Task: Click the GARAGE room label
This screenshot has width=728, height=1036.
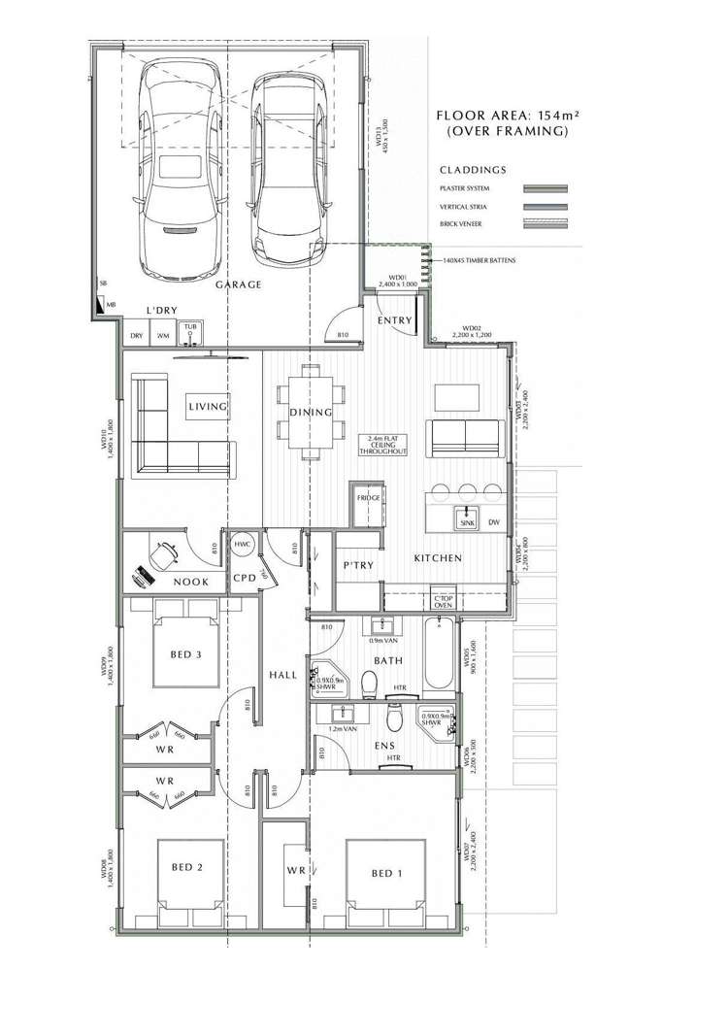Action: click(238, 284)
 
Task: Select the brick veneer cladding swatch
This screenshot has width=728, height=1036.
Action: click(545, 223)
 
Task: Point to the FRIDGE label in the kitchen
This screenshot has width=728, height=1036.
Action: click(368, 497)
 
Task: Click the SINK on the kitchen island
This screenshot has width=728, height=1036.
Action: click(467, 521)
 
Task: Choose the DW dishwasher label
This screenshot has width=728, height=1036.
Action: click(494, 521)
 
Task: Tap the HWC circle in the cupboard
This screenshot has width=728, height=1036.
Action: click(242, 545)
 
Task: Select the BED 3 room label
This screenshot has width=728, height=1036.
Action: click(185, 654)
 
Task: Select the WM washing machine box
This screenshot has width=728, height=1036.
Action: click(163, 336)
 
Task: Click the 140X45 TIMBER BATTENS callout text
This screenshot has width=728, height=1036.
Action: click(480, 260)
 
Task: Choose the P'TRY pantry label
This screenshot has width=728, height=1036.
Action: click(353, 565)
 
